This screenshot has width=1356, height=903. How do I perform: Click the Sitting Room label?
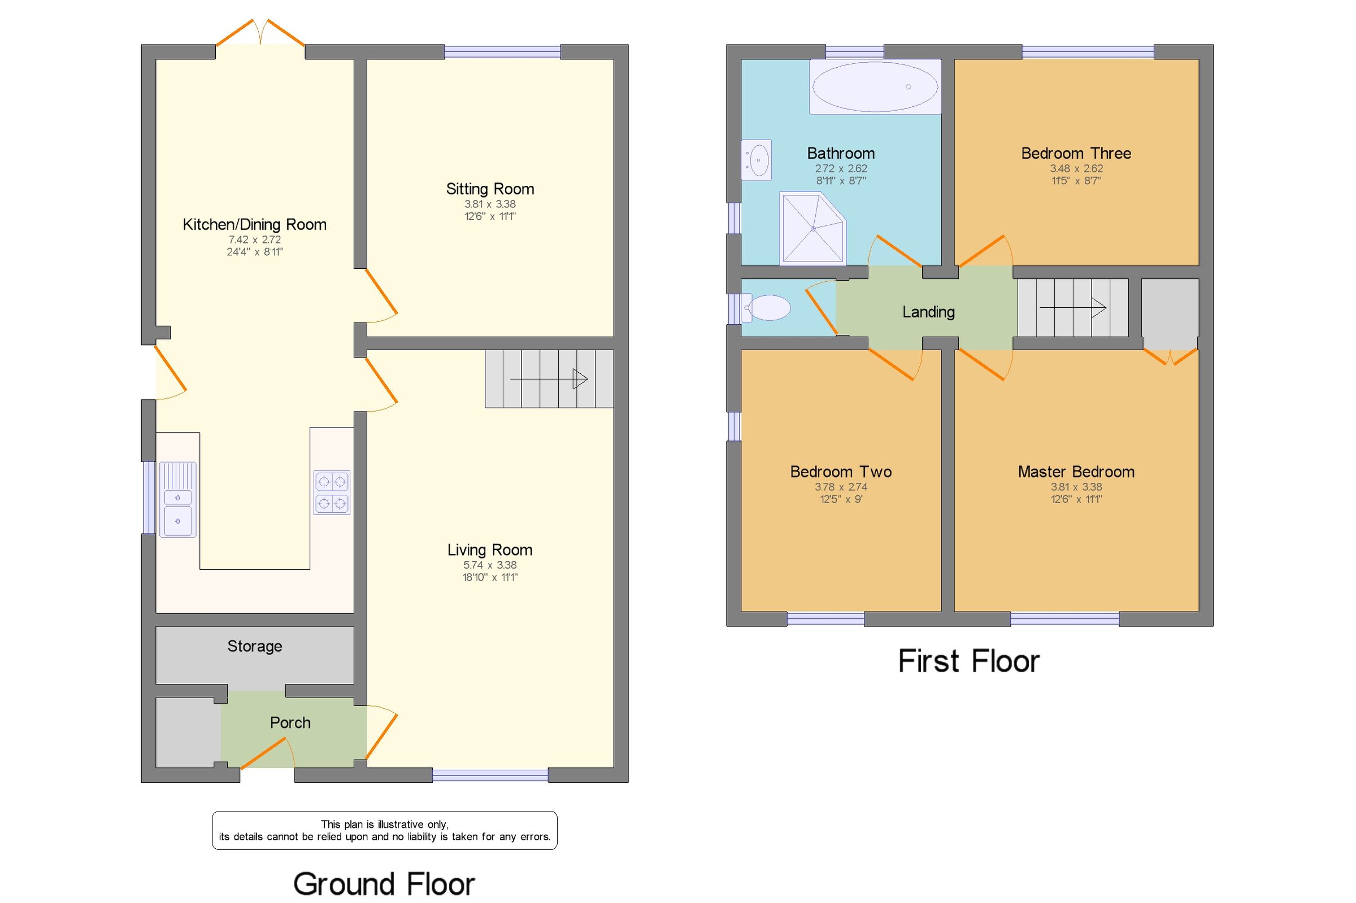click(490, 189)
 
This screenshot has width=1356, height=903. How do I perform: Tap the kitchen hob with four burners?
click(332, 492)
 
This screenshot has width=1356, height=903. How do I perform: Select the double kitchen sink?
click(177, 500)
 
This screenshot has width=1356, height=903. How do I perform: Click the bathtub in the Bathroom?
click(875, 87)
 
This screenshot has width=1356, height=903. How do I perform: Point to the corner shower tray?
click(812, 229)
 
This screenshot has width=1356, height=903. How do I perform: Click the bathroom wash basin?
click(757, 159)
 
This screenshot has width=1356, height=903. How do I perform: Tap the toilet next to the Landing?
click(768, 308)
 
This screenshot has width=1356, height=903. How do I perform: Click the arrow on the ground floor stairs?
click(549, 379)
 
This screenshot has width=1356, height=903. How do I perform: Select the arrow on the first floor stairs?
click(1072, 308)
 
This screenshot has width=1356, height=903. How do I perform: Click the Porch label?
click(290, 723)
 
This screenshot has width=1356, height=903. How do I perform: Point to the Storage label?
click(255, 646)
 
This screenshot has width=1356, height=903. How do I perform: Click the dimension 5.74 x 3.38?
click(490, 565)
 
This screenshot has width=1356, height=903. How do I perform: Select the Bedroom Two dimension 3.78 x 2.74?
click(841, 487)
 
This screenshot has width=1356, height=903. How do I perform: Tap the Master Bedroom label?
click(1075, 472)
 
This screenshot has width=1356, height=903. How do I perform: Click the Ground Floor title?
click(384, 884)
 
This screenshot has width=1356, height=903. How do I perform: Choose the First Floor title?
click(968, 661)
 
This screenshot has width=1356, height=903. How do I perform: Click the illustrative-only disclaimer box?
click(384, 831)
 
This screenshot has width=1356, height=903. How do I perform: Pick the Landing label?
click(928, 312)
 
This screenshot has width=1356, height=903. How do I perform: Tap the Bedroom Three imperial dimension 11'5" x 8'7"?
click(1075, 181)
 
